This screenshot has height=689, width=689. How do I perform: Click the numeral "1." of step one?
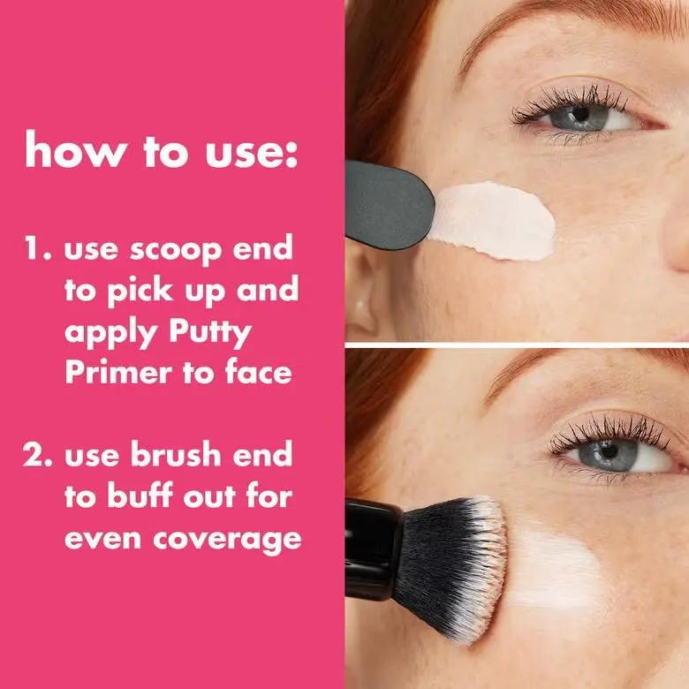(x=39, y=249)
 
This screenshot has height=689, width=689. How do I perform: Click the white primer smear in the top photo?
(x=495, y=222)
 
